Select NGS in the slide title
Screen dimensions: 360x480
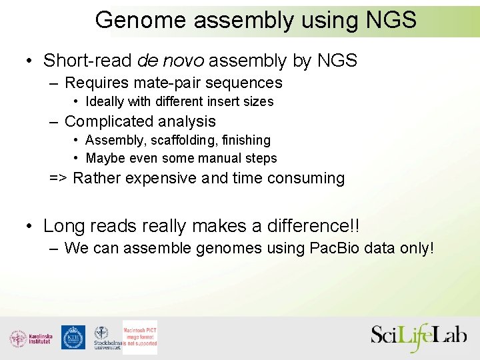(391, 20)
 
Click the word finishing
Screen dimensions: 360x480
(247, 140)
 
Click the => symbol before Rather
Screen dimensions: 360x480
(58, 179)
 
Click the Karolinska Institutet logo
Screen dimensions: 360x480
(31, 338)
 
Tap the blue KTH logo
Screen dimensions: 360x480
(73, 337)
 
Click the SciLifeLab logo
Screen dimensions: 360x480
(419, 337)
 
